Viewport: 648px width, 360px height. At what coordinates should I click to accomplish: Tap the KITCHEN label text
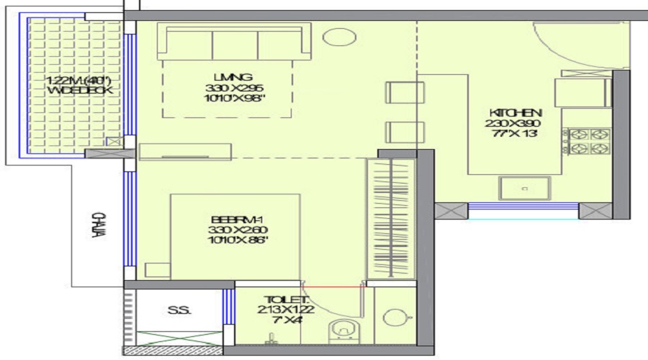click(515, 113)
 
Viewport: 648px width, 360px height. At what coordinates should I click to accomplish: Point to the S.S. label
click(175, 311)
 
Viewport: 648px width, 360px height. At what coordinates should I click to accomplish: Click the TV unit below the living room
click(186, 151)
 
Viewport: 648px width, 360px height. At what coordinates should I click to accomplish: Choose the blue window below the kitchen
click(523, 210)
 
